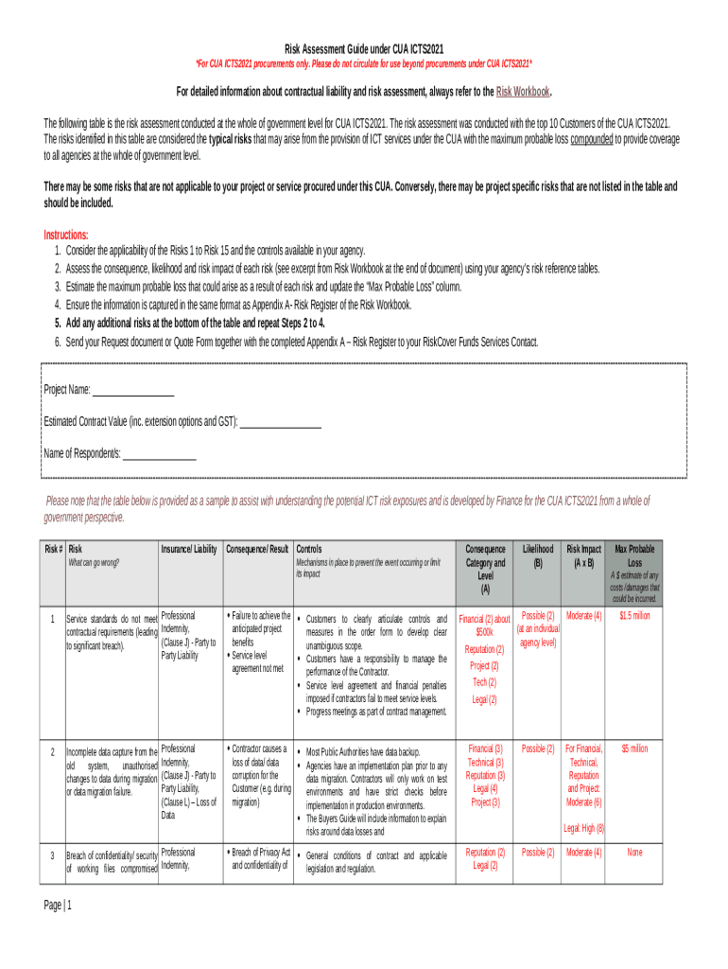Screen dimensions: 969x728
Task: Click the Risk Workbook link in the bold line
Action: (x=523, y=92)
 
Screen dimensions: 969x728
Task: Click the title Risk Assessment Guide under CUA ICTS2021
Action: (x=364, y=49)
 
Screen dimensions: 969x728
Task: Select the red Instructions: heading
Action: (x=66, y=235)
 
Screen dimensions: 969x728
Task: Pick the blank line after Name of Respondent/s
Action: (x=160, y=454)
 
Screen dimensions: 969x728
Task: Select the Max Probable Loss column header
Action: (x=634, y=555)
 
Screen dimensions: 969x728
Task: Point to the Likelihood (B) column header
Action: (x=538, y=555)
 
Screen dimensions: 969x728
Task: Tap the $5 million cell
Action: (x=634, y=749)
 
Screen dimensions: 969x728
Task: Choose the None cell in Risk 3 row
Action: (x=634, y=853)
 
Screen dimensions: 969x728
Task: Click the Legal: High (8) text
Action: (x=583, y=828)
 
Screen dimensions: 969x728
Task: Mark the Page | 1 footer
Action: (x=58, y=906)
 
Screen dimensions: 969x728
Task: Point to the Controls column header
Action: (x=309, y=550)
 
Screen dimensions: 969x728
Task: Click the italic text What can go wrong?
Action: (x=94, y=563)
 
